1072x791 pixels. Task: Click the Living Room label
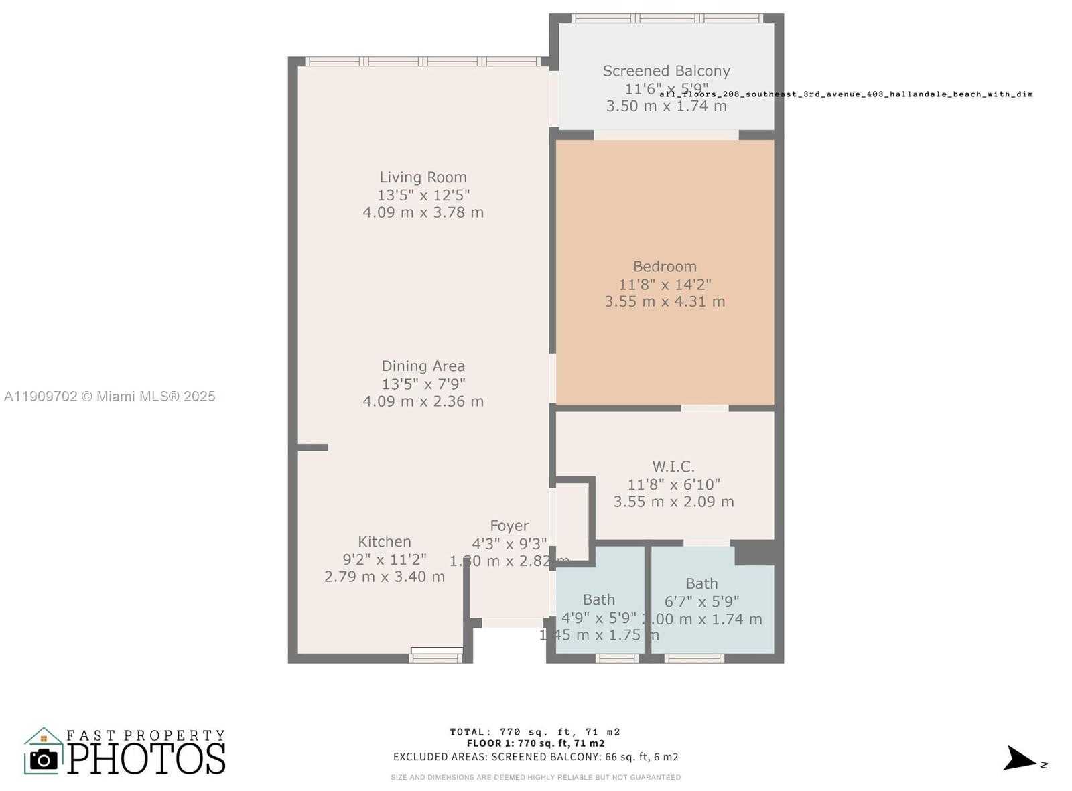pyautogui.click(x=423, y=177)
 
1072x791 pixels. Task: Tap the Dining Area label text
pyautogui.click(x=423, y=366)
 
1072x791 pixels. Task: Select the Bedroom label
pyautogui.click(x=665, y=267)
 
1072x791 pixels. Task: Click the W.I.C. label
pyautogui.click(x=673, y=467)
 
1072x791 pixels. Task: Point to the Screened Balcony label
pyautogui.click(x=666, y=71)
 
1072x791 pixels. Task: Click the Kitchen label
pyautogui.click(x=385, y=542)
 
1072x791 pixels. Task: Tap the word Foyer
pyautogui.click(x=509, y=526)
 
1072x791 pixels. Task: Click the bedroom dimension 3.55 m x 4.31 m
pyautogui.click(x=665, y=302)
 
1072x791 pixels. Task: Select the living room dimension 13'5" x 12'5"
pyautogui.click(x=423, y=196)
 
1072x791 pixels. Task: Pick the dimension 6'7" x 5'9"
pyautogui.click(x=701, y=601)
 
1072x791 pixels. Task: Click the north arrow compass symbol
pyautogui.click(x=1020, y=759)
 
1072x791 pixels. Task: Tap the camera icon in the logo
pyautogui.click(x=44, y=760)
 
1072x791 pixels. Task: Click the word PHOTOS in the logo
pyautogui.click(x=145, y=759)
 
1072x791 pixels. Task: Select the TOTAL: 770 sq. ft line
pyautogui.click(x=535, y=732)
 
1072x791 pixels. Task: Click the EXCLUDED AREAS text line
pyautogui.click(x=535, y=757)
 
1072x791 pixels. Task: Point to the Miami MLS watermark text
pyautogui.click(x=109, y=397)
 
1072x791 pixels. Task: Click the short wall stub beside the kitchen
pyautogui.click(x=312, y=447)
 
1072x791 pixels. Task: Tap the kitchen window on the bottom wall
pyautogui.click(x=435, y=658)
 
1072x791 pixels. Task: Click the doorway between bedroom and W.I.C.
pyautogui.click(x=705, y=408)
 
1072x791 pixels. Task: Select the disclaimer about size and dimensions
pyautogui.click(x=535, y=778)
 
